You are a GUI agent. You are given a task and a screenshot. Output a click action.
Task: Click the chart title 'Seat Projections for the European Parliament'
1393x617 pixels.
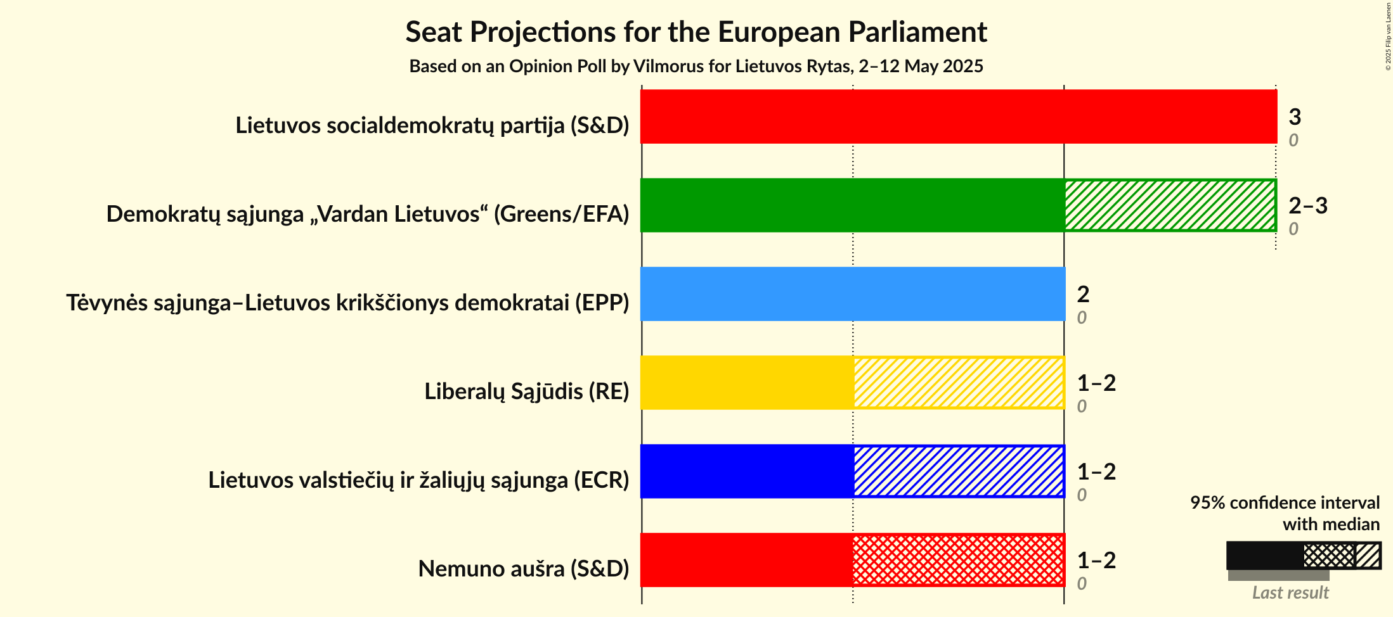696,32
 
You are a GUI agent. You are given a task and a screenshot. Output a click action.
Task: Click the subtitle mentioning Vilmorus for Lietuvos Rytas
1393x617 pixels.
696,67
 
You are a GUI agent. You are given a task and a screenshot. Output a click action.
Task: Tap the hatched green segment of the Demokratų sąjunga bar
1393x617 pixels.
1170,205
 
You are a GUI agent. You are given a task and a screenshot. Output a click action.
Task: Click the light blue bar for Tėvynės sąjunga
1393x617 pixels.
853,294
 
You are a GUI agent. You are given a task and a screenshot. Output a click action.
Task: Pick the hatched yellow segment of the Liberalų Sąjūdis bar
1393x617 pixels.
959,383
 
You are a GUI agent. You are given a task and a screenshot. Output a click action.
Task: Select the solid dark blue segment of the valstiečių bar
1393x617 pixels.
747,471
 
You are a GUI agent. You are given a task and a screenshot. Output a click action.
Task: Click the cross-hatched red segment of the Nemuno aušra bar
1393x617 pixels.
959,560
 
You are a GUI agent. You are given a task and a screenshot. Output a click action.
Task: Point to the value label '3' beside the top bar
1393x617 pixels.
1295,117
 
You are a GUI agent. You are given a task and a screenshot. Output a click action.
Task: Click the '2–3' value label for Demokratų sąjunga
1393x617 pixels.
1307,205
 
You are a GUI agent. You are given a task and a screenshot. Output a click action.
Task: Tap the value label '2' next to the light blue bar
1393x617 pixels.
1083,294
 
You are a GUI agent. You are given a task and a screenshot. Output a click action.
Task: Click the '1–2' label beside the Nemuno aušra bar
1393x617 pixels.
1096,560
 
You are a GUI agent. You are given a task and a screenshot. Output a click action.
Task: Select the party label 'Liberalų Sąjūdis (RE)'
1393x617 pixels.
526,391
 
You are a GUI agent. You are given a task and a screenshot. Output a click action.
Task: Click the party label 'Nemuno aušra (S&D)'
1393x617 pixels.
523,569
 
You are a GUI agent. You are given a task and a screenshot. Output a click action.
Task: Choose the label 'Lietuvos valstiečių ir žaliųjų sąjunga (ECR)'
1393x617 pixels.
418,480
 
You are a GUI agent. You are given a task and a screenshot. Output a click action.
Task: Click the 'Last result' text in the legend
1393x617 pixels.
1290,593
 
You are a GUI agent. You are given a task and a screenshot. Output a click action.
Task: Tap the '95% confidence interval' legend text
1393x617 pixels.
1285,503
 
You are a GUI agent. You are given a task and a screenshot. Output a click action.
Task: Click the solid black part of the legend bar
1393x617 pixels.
1264,556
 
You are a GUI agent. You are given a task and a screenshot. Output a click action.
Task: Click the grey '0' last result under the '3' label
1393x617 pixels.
1293,140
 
